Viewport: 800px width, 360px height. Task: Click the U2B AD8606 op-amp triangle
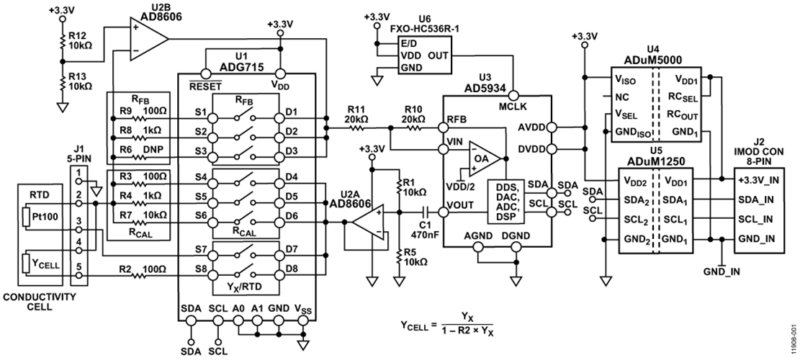(x=148, y=40)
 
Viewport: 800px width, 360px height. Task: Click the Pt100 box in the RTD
(x=38, y=217)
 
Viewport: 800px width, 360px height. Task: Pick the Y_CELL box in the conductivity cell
(x=38, y=262)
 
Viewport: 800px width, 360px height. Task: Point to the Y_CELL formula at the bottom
(x=447, y=325)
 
